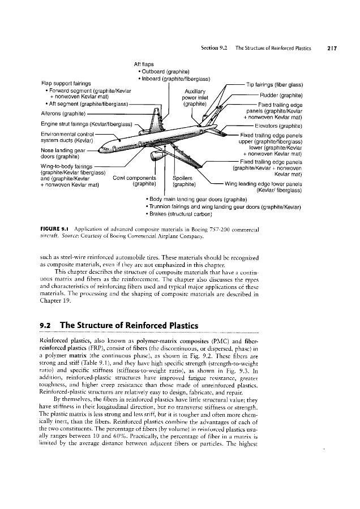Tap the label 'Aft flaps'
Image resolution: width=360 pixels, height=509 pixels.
(x=144, y=64)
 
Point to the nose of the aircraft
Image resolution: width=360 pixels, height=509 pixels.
(x=98, y=150)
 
